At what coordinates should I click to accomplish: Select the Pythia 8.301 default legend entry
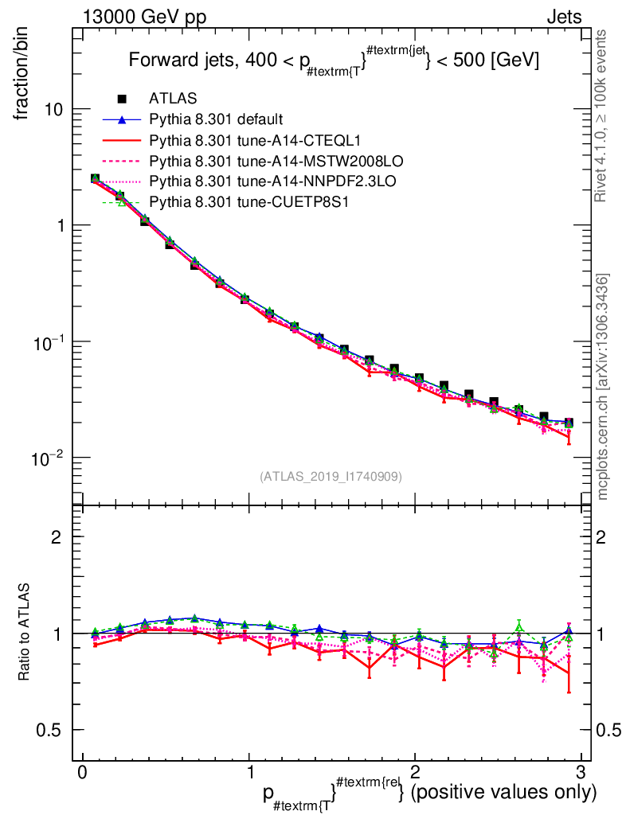click(x=216, y=119)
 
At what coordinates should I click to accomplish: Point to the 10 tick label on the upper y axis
click(x=53, y=109)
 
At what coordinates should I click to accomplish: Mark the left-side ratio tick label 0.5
click(x=53, y=730)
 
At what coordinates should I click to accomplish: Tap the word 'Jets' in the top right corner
click(x=563, y=17)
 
